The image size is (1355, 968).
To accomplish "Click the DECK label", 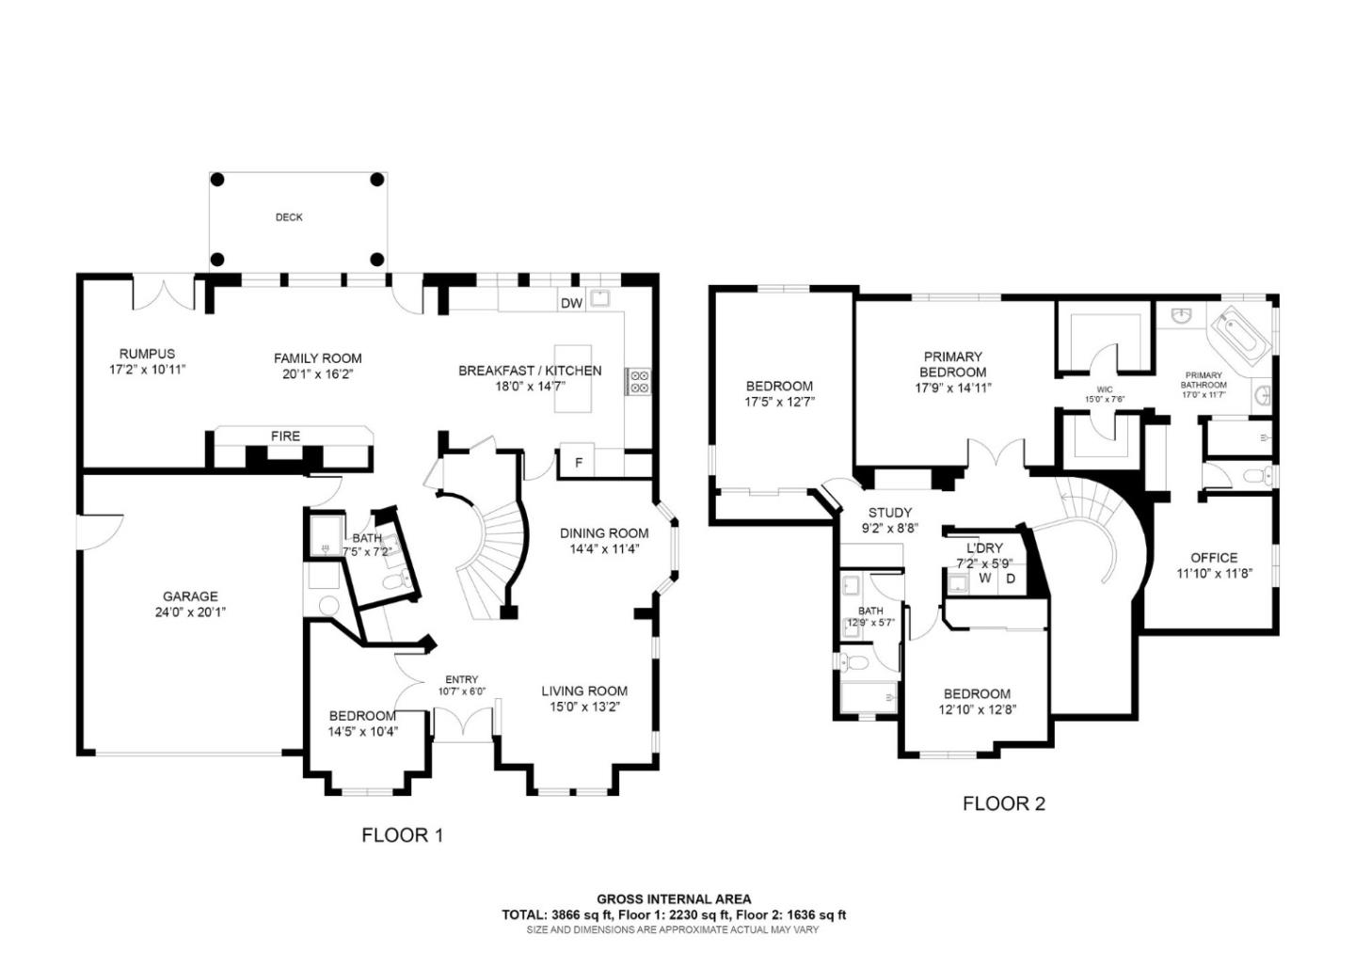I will [289, 217].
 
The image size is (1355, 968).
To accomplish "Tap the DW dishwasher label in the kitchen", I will [571, 303].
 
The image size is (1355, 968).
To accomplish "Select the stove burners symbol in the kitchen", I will [639, 381].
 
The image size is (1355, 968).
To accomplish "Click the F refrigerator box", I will [578, 463].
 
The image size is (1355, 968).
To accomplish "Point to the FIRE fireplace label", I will [285, 436].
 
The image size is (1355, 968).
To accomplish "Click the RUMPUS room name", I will [147, 354].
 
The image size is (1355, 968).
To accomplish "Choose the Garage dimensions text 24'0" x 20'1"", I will [190, 611].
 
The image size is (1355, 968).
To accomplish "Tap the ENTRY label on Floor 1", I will [461, 679].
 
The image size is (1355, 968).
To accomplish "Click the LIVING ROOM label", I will [583, 690].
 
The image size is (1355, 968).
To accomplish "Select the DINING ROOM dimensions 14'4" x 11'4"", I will [603, 548].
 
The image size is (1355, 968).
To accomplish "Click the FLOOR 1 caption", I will [402, 834].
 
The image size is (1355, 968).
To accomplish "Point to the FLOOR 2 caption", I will [1003, 803].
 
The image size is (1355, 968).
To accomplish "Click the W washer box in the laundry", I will [984, 578].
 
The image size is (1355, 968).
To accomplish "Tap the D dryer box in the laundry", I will [1011, 578].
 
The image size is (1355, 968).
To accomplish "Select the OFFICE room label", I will [1214, 557].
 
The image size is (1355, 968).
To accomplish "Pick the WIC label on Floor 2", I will [1105, 389].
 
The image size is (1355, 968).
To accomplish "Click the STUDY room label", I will [889, 513].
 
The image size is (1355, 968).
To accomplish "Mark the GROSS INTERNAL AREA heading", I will [674, 899].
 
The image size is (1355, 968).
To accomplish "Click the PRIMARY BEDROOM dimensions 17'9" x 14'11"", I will [953, 388].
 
